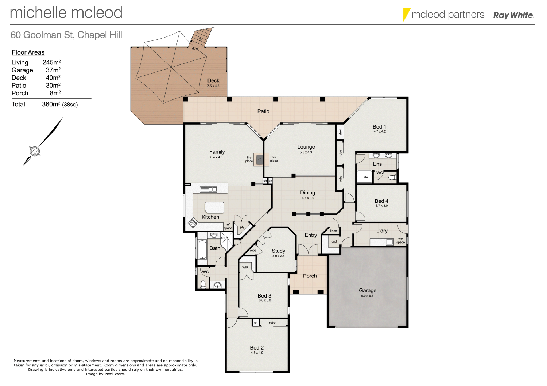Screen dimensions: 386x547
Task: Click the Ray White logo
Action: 513,15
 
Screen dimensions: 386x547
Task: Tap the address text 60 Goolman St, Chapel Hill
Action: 66,35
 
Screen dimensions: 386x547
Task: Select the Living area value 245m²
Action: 51,62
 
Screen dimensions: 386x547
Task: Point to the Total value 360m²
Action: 51,104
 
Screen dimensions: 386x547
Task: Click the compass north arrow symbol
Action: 35,150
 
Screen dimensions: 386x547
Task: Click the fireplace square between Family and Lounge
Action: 260,159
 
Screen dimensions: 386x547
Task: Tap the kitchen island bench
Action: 214,208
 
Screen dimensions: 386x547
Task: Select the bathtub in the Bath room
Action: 202,249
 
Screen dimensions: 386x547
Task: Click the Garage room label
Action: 367,290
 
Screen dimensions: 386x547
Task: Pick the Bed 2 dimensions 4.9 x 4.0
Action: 257,353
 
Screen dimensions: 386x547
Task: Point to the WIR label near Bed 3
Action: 245,267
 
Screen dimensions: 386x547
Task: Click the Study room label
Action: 278,251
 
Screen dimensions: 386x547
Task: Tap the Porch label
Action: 310,276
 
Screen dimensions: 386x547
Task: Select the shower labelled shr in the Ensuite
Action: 365,177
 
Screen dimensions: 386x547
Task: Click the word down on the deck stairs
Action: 196,48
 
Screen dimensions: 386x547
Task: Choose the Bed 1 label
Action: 379,126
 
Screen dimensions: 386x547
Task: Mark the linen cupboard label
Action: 333,231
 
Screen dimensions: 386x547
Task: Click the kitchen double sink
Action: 208,189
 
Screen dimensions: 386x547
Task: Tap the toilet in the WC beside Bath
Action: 203,284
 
